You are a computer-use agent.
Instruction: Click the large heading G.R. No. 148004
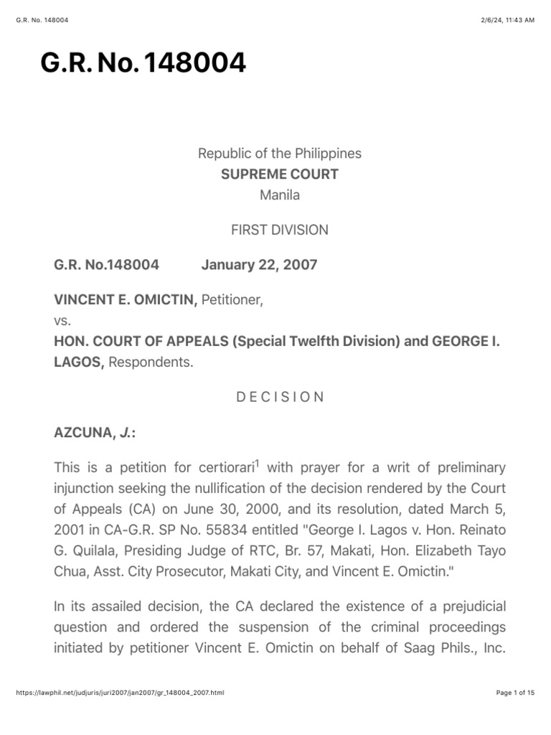(143, 64)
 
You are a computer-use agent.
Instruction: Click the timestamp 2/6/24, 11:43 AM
(509, 20)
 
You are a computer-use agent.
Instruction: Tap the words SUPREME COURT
(280, 174)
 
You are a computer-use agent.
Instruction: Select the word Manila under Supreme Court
(280, 195)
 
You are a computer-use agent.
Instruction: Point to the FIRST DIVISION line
(280, 230)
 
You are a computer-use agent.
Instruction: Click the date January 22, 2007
(259, 265)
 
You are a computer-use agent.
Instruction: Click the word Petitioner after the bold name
(232, 299)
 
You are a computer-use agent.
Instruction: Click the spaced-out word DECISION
(280, 397)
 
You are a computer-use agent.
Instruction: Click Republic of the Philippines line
(280, 153)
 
